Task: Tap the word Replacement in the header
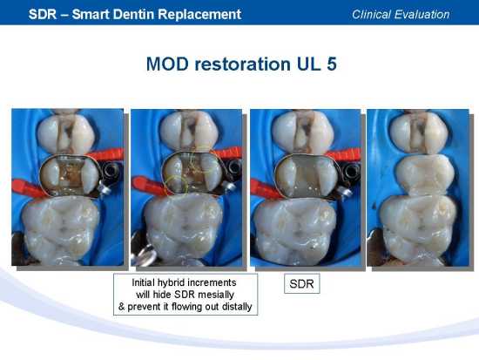click(x=199, y=15)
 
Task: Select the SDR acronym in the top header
click(x=43, y=14)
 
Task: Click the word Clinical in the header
click(x=371, y=14)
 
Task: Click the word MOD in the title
click(x=167, y=64)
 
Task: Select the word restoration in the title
click(x=242, y=64)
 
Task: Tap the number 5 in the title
click(x=332, y=64)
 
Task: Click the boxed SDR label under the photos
click(x=302, y=284)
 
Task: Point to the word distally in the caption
click(x=237, y=307)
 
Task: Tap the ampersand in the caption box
click(x=122, y=307)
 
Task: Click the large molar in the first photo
click(x=61, y=229)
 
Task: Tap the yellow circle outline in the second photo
click(x=177, y=185)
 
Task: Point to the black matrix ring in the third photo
click(x=351, y=171)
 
